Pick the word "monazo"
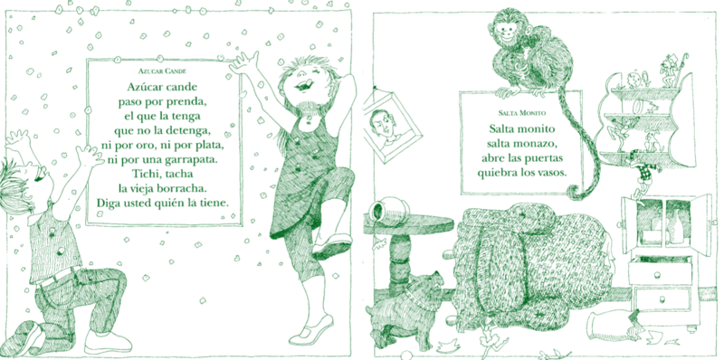pyautogui.click(x=536, y=144)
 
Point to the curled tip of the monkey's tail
pyautogui.click(x=576, y=192)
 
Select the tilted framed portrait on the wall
pyautogui.click(x=392, y=126)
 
